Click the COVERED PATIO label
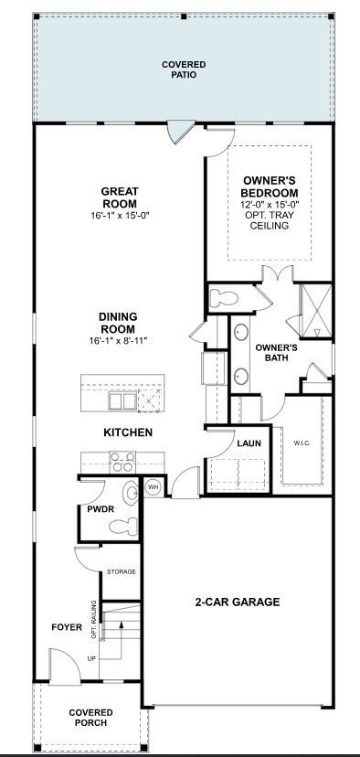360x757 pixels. pos(184,69)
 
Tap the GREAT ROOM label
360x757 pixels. pos(120,197)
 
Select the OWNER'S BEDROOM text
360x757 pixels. pos(270,187)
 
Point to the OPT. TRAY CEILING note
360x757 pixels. pos(270,220)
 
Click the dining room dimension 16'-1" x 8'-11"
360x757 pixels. pos(118,340)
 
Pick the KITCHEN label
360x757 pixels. pos(128,432)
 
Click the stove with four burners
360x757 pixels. pos(122,460)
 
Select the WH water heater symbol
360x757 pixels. pos(154,487)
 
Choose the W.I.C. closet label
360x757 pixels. pos(302,444)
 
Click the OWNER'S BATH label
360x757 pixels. pos(276,353)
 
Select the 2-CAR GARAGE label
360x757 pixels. pos(237,602)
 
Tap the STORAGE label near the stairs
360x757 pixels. pos(121,571)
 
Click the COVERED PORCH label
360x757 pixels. pos(90,718)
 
